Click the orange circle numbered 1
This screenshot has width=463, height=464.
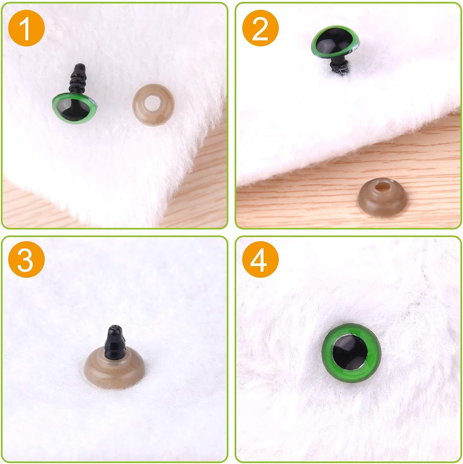(26, 28)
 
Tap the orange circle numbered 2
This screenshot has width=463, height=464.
(261, 28)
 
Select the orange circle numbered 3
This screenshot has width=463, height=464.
(26, 259)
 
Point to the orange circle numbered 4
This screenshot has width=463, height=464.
(261, 259)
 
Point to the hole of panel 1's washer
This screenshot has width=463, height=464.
(152, 101)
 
